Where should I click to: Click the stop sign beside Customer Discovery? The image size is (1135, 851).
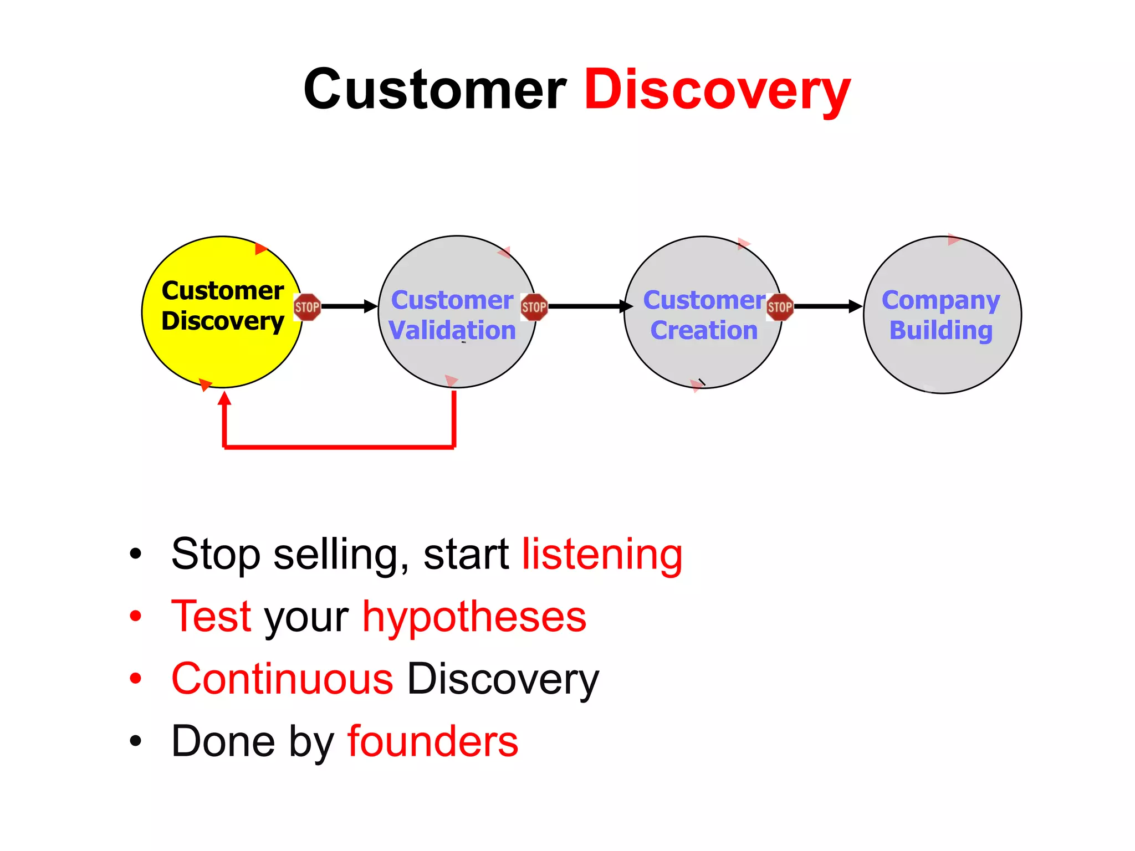(x=307, y=307)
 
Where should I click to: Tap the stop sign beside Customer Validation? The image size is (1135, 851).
(x=534, y=307)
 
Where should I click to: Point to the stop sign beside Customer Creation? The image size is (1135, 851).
(x=780, y=307)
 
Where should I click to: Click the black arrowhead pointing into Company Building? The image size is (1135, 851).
(x=856, y=306)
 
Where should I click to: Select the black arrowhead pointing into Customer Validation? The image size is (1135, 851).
(x=371, y=306)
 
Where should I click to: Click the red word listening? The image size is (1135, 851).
(x=602, y=554)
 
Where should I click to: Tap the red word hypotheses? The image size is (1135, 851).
(x=474, y=616)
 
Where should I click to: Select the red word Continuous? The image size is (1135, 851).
(x=283, y=679)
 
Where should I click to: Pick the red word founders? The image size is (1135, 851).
(x=433, y=741)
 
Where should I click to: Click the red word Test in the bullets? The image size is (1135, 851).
(x=212, y=616)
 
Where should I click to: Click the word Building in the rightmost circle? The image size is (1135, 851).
(x=941, y=331)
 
